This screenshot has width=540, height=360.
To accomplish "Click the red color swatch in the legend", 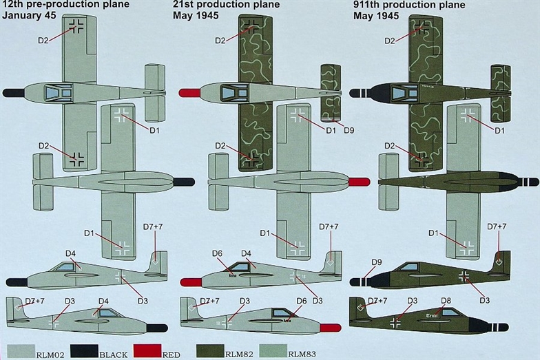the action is tap(147, 351).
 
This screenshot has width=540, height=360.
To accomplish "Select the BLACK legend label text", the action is tap(113, 354).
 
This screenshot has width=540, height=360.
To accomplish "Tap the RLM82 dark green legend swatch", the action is tap(210, 351).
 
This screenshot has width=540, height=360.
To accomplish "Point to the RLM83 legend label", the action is tap(302, 354).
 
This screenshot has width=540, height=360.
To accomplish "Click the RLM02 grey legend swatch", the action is tap(21, 351).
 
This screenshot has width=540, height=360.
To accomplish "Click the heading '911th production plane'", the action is tap(409, 5).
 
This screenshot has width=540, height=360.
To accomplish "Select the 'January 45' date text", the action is tap(29, 15).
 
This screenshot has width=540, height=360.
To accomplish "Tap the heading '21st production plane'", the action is tap(226, 5).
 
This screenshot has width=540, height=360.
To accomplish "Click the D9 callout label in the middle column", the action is tap(349, 131).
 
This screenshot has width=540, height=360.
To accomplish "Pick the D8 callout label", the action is tap(446, 301).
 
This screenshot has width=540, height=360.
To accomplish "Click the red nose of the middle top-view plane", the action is tap(189, 92).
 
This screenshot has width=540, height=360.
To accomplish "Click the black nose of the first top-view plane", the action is tap(13, 92).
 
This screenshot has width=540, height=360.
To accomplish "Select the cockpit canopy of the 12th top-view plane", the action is tap(58, 92).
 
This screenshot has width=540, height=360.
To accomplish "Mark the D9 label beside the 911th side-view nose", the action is tap(376, 262).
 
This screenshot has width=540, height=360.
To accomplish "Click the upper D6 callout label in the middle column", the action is tap(217, 253).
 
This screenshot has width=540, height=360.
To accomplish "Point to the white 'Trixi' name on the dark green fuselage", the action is tap(432, 315).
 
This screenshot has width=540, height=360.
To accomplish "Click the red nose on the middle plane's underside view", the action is tap(360, 182).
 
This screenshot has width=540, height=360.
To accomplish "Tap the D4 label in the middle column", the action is tap(246, 253).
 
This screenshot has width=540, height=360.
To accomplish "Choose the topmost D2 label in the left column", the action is tap(43, 40).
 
